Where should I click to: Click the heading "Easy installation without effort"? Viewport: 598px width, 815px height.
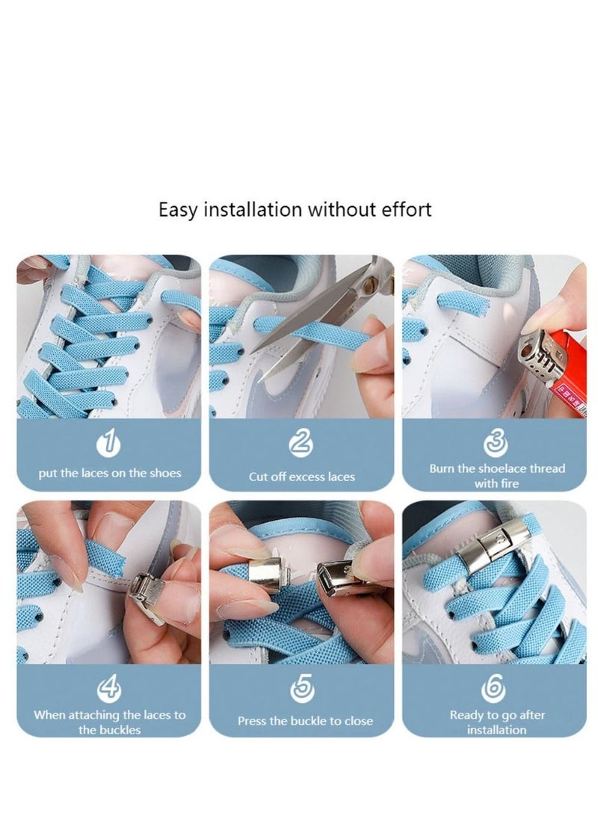[295, 209]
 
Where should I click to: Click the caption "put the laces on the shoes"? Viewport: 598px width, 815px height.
[109, 473]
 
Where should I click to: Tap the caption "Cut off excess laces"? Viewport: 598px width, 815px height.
[301, 477]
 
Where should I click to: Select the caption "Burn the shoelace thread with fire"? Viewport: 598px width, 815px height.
[496, 476]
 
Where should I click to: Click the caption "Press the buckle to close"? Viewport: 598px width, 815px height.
[305, 721]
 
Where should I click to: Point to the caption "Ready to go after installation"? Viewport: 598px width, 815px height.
[496, 722]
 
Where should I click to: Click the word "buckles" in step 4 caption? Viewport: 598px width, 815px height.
[120, 730]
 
